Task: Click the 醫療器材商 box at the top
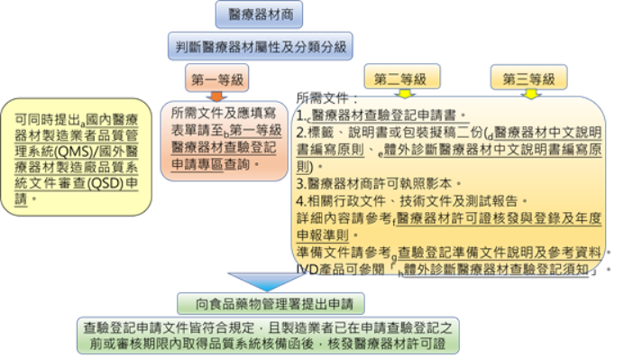[259, 14]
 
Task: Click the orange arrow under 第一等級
[216, 93]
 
